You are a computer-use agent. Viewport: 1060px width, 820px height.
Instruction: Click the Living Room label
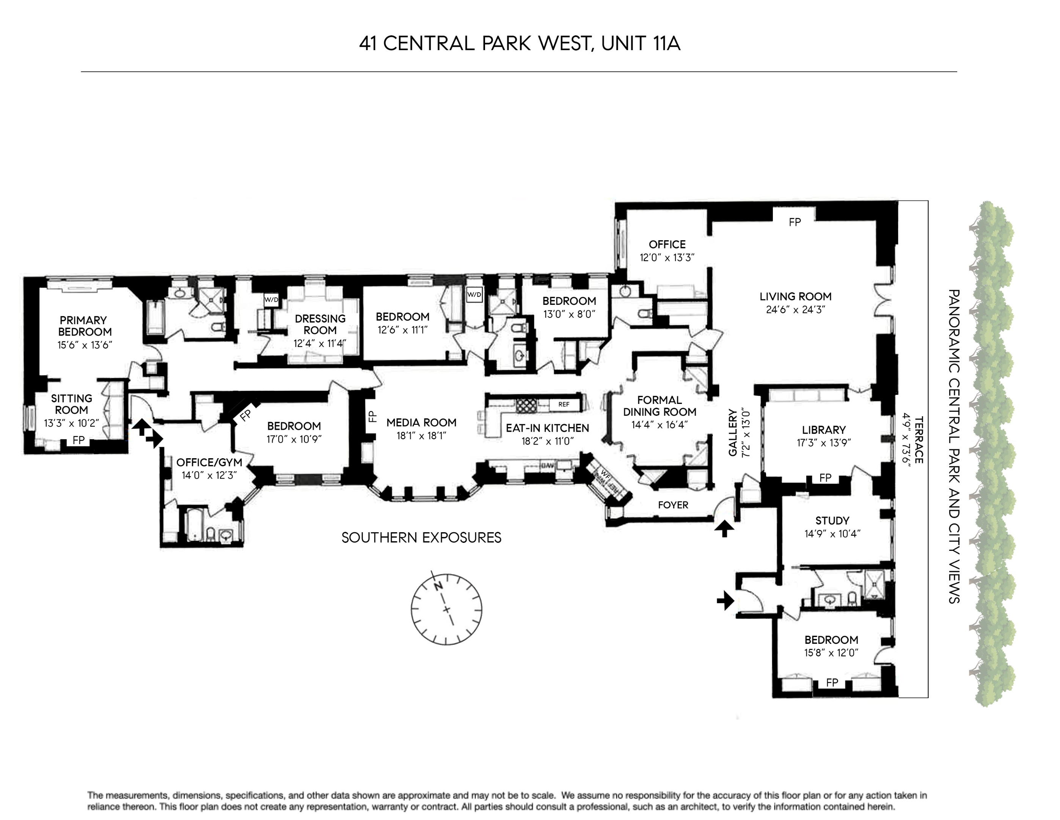click(x=795, y=296)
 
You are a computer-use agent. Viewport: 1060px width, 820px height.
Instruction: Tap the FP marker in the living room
click(x=795, y=222)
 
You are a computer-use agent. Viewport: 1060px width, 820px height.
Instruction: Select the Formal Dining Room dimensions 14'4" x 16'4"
click(x=659, y=424)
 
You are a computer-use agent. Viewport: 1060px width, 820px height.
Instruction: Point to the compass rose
click(x=446, y=609)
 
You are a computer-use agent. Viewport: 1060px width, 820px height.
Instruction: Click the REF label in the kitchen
click(x=564, y=404)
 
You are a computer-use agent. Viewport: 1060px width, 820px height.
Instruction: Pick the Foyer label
click(x=673, y=505)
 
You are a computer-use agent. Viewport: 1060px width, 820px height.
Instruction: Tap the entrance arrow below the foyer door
click(x=724, y=528)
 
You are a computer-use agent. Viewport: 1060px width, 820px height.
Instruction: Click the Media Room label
click(x=421, y=423)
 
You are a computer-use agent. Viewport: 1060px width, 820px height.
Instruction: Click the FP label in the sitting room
click(x=79, y=440)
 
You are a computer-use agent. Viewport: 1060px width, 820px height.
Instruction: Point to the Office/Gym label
click(x=209, y=462)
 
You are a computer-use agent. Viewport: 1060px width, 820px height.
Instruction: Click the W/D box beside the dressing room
click(x=271, y=300)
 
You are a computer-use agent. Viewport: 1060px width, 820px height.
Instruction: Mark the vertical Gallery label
click(x=733, y=432)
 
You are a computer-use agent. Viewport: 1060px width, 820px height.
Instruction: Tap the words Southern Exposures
click(x=421, y=537)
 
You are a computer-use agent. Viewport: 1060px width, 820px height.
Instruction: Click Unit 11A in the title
click(x=641, y=44)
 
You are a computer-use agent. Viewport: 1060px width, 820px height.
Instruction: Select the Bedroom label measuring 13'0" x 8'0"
click(x=569, y=301)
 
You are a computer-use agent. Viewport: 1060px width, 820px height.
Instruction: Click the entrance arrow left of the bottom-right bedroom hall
click(x=726, y=601)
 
